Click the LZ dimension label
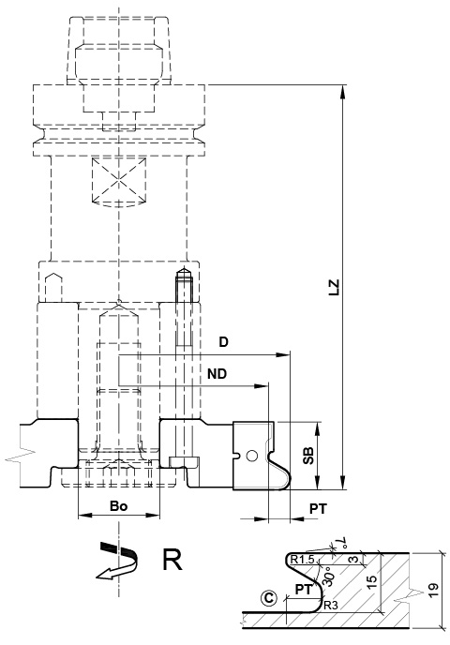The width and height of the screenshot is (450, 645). click(336, 287)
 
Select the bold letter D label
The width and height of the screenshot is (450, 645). click(223, 342)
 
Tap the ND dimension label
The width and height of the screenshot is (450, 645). click(217, 374)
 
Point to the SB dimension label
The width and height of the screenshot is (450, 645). click(308, 456)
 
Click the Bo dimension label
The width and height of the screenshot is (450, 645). click(118, 506)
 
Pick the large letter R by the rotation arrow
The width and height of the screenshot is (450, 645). click(172, 560)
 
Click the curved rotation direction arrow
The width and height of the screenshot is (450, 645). click(117, 561)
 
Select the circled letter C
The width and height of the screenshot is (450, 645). click(269, 598)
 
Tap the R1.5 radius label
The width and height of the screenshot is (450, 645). click(302, 560)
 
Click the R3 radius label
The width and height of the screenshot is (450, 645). click(330, 605)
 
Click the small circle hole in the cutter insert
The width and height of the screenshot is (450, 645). click(251, 456)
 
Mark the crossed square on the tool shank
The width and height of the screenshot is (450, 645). click(118, 180)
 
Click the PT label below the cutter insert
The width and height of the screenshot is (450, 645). click(318, 509)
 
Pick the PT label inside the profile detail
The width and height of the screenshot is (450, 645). click(304, 589)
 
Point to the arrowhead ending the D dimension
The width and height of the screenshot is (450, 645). click(284, 354)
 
